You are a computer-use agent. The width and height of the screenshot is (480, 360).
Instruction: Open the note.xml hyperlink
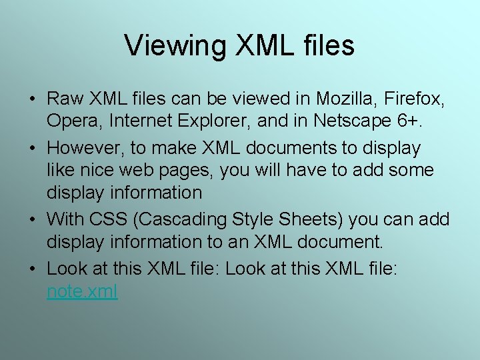tap(82, 291)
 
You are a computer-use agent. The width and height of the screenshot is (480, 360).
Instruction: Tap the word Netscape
tap(358, 121)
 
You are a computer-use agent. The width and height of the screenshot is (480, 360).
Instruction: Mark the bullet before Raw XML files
tap(33, 100)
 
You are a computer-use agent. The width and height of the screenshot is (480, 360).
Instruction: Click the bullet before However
tap(33, 147)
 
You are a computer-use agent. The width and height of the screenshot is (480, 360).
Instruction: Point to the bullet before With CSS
tap(33, 219)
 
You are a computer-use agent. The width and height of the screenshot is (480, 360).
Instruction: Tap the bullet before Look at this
tap(33, 268)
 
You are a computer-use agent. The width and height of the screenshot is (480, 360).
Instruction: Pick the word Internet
tap(146, 121)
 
